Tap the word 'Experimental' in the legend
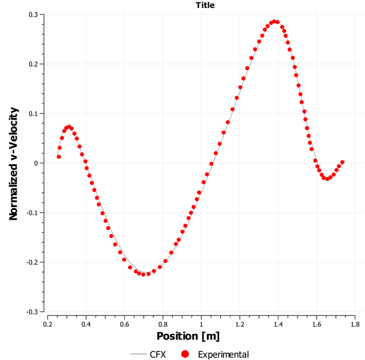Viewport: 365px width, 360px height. click(x=223, y=354)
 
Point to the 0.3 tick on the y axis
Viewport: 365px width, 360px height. click(x=35, y=14)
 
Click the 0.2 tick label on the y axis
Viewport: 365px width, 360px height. click(x=35, y=64)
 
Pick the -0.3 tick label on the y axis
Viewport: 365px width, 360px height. click(x=34, y=312)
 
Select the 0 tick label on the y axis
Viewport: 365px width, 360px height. click(x=38, y=163)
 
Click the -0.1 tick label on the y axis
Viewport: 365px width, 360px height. click(x=34, y=213)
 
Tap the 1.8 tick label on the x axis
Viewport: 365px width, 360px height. click(x=355, y=323)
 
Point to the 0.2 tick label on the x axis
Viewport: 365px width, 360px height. click(x=47, y=323)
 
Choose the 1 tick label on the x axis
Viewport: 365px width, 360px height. click(x=201, y=323)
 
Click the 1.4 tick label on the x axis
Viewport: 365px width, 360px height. click(x=278, y=323)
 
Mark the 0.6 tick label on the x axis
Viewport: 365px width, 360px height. click(x=124, y=323)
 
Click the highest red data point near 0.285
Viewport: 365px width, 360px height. click(x=274, y=22)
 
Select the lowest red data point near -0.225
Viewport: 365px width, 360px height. click(x=143, y=274)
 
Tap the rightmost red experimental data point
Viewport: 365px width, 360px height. click(x=343, y=162)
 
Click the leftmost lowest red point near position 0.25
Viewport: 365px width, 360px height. click(x=59, y=157)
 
